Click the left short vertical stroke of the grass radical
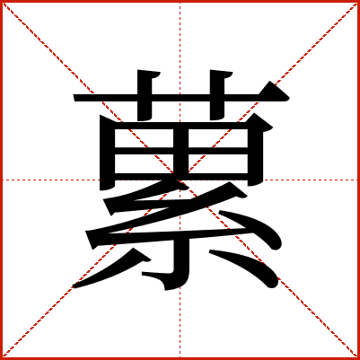click(x=145, y=95)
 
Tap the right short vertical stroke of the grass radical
click(x=217, y=95)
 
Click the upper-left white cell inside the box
click(x=145, y=138)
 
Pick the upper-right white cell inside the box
click(x=218, y=138)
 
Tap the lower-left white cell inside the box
click(x=145, y=163)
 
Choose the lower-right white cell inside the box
click(x=218, y=163)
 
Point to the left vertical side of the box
click(x=108, y=153)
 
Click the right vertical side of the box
click(x=255, y=153)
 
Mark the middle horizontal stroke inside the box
click(x=181, y=151)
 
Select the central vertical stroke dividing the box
click(x=181, y=151)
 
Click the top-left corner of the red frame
click(x=1, y=1)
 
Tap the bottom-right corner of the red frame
click(x=358, y=358)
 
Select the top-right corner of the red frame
click(x=358, y=1)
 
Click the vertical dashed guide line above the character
click(x=180, y=36)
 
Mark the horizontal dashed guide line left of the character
click(x=51, y=180)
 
